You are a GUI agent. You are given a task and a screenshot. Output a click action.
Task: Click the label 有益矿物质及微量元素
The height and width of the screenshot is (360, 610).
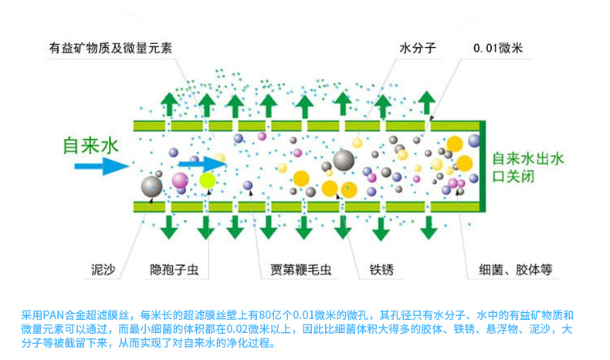[110, 48]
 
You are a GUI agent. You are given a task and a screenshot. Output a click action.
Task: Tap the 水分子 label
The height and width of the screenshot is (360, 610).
[418, 48]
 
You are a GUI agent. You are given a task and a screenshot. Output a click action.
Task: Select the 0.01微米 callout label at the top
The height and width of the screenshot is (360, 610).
[498, 48]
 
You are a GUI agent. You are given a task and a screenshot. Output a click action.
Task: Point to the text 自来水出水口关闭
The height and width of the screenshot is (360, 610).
[528, 167]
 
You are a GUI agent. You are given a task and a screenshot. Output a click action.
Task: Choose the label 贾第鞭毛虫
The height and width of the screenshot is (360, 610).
[300, 270]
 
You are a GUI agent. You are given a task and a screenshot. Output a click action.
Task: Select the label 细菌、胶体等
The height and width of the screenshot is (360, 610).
[517, 270]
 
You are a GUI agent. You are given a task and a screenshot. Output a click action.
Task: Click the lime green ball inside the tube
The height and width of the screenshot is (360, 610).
[207, 181]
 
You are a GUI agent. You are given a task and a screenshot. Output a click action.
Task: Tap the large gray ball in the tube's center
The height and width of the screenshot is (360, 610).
[344, 161]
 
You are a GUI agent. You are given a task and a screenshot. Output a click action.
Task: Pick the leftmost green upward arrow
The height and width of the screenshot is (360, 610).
[167, 105]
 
